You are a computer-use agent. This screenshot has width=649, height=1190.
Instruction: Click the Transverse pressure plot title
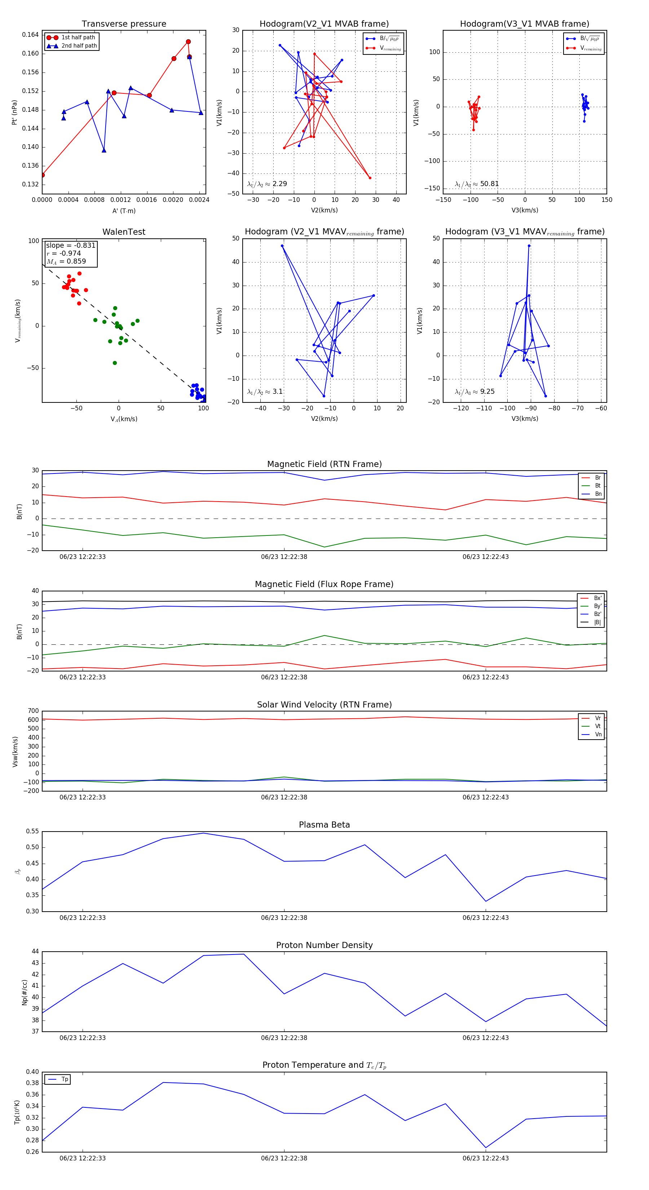(x=124, y=24)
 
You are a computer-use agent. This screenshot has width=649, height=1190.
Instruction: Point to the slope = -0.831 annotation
(x=71, y=245)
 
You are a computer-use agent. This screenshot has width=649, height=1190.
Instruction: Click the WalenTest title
(x=124, y=232)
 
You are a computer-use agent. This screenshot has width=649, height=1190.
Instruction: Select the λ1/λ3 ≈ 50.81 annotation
(x=477, y=184)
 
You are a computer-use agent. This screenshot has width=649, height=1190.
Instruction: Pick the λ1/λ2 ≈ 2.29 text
(x=267, y=184)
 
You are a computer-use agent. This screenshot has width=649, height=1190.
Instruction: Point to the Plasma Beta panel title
(x=324, y=825)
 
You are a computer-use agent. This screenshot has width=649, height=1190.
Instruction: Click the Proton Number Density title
(x=324, y=945)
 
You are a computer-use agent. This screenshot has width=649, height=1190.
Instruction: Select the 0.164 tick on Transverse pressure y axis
(x=31, y=35)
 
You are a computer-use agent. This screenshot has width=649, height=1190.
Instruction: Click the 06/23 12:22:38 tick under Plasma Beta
(x=284, y=917)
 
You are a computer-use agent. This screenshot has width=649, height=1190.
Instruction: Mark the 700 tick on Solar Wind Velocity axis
(x=33, y=711)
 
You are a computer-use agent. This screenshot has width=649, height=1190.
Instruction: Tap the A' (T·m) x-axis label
(x=124, y=211)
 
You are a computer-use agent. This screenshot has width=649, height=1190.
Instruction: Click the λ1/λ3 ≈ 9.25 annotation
(x=474, y=392)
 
